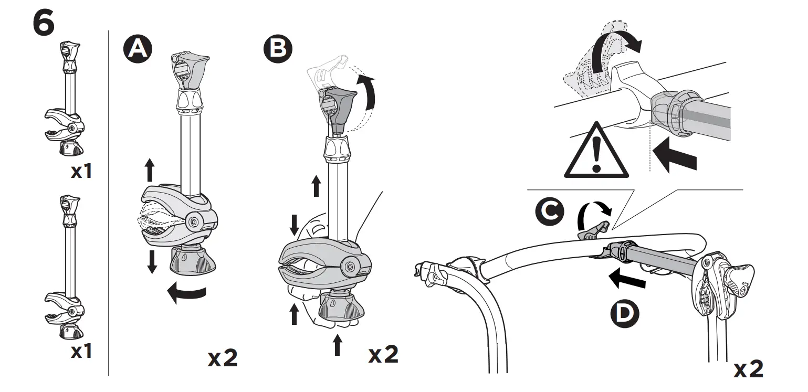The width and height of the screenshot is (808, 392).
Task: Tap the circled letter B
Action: click(x=278, y=49)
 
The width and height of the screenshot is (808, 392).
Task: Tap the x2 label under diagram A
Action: click(x=223, y=358)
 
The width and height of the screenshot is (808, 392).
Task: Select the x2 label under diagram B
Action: click(x=383, y=355)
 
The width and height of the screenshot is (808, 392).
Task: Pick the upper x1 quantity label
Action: click(x=81, y=172)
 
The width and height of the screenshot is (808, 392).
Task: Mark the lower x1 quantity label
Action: click(x=81, y=351)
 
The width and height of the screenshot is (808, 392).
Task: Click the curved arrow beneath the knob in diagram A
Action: click(x=187, y=293)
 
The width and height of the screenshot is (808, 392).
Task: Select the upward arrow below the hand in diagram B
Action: click(x=337, y=346)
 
